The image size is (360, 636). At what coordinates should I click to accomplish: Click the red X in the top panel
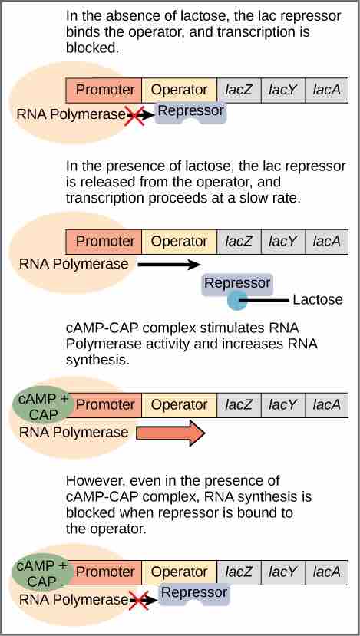[x=135, y=116]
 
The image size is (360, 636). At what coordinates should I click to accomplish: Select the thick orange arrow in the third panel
[x=170, y=433]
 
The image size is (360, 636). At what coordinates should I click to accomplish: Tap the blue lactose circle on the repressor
[x=237, y=299]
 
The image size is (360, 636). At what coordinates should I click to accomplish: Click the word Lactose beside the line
[x=318, y=299]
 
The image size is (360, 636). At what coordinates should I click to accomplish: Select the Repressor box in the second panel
[x=237, y=283]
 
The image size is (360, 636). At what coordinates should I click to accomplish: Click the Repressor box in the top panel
[x=190, y=112]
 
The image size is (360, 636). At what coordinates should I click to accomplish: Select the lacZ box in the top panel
[x=239, y=90]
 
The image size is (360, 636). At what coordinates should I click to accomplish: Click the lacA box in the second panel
[x=327, y=241]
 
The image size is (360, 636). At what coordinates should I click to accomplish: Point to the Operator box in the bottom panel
[x=179, y=572]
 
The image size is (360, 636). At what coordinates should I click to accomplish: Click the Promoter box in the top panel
[x=105, y=90]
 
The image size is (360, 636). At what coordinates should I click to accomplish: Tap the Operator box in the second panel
[x=179, y=241]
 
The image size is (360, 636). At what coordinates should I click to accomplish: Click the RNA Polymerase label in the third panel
[x=74, y=432]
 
